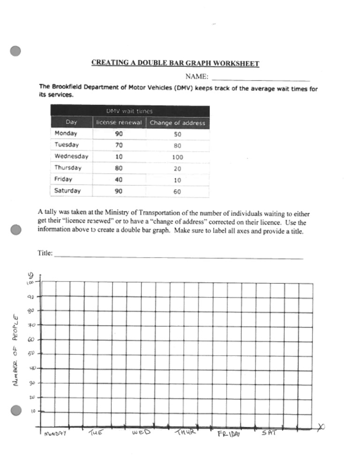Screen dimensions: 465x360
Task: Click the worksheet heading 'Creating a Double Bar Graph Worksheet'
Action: click(x=175, y=63)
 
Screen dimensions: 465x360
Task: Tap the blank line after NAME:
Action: click(x=261, y=78)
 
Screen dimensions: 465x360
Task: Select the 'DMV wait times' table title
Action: click(x=129, y=111)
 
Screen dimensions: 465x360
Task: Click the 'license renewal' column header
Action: click(x=119, y=123)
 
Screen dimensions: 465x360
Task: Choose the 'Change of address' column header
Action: click(x=177, y=123)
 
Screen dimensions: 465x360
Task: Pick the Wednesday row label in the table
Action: click(x=71, y=156)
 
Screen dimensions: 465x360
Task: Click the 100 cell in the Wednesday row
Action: click(x=177, y=157)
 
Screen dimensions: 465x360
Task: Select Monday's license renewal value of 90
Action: click(x=119, y=133)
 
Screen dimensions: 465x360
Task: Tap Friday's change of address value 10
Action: click(x=177, y=180)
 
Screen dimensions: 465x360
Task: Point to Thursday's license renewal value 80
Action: click(x=119, y=168)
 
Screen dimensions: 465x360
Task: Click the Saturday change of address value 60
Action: click(x=177, y=192)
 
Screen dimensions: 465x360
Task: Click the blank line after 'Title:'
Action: click(x=178, y=256)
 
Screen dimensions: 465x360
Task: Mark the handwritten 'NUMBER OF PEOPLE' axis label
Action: click(x=16, y=349)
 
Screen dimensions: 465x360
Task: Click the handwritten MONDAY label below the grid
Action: click(x=55, y=434)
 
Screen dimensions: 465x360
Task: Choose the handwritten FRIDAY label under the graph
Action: click(x=228, y=434)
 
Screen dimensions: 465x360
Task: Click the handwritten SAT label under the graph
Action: click(x=269, y=433)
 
